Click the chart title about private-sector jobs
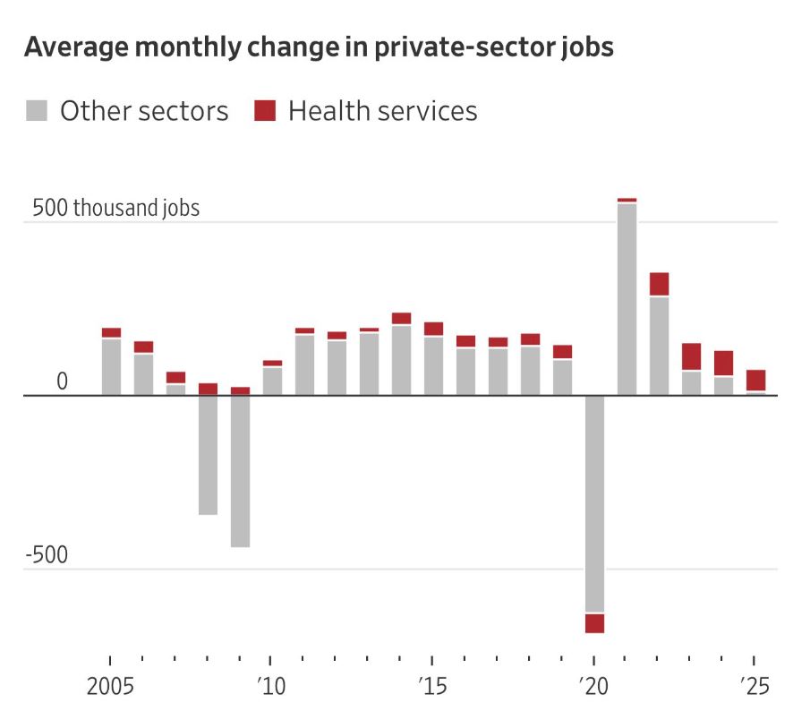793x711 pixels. tap(319, 47)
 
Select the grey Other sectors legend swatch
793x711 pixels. tap(37, 111)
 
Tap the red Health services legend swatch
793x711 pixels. tap(266, 111)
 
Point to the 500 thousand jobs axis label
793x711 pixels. tap(116, 209)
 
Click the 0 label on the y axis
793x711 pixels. tap(62, 382)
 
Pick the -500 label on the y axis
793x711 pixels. tap(47, 555)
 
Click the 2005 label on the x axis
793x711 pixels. tap(111, 688)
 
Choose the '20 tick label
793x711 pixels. tap(593, 688)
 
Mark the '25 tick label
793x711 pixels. tap(755, 688)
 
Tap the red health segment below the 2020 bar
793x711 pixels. tap(594, 623)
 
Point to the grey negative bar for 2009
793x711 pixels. tap(240, 471)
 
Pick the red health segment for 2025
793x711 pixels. tap(755, 380)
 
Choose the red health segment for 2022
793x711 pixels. tap(659, 284)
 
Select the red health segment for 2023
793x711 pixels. tap(691, 356)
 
